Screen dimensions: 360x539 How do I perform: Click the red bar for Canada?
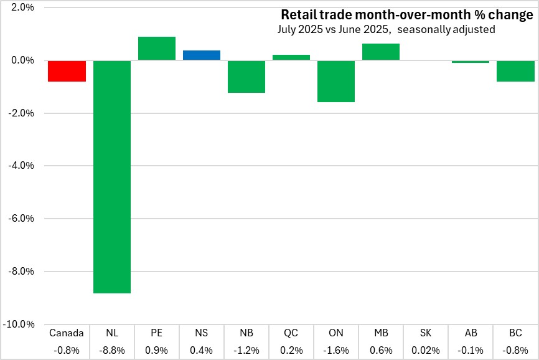pos(67,71)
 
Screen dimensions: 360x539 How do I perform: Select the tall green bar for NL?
pos(112,176)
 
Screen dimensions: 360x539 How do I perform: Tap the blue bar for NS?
pos(202,55)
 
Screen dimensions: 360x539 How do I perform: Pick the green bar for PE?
pos(157,49)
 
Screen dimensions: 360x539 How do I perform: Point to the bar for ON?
pos(336,81)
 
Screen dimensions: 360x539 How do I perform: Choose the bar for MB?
pos(381,52)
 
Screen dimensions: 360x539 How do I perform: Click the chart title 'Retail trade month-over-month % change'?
pos(406,14)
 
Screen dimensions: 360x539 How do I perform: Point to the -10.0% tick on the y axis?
pos(21,324)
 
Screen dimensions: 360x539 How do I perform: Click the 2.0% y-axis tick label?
pos(23,8)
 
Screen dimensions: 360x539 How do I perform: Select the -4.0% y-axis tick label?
pos(22,166)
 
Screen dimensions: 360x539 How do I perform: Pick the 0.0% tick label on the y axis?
pos(23,60)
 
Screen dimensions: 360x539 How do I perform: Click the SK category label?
pos(426,333)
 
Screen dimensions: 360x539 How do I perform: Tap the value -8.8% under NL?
pos(112,349)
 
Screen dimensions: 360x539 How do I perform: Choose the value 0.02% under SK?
pos(426,349)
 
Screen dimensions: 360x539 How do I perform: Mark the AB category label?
pos(471,333)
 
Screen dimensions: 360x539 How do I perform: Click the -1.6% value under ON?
pos(336,349)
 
